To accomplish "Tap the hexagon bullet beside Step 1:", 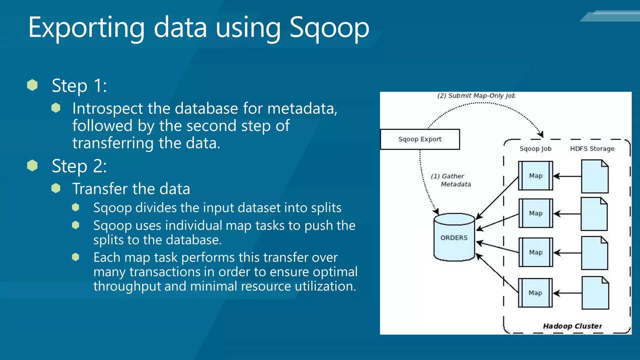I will [x=32, y=85].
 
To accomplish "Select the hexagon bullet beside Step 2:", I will [x=32, y=166].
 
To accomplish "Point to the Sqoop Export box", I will [x=420, y=139].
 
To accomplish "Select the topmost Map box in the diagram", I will [x=535, y=176].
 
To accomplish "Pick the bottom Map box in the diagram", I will [x=535, y=293].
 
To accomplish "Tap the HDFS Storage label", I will [x=592, y=149].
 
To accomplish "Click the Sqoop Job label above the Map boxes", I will [x=535, y=149].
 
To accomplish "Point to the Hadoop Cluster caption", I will [x=572, y=326].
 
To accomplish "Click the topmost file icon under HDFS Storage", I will [x=595, y=177].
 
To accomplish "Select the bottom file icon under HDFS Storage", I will [x=595, y=293].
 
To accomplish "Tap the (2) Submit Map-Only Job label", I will [x=476, y=96].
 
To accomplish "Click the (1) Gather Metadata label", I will [x=451, y=180].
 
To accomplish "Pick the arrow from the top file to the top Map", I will [x=567, y=176].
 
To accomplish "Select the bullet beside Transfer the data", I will [x=56, y=188].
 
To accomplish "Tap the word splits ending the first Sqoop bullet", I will [x=326, y=208].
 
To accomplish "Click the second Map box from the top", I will [x=535, y=213].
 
